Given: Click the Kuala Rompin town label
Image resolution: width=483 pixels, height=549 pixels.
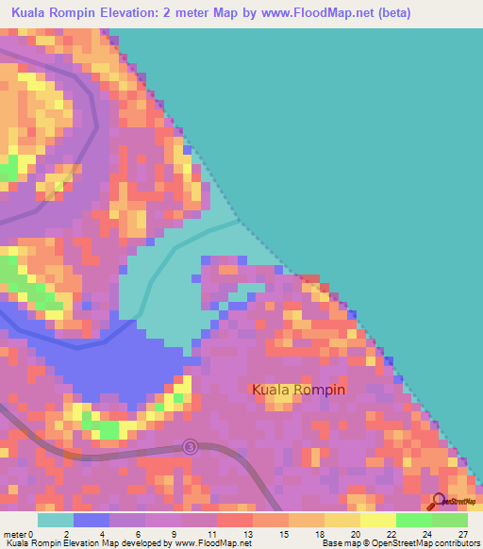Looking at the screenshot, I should click(298, 389).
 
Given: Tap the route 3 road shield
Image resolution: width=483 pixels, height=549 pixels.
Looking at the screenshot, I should click(191, 446).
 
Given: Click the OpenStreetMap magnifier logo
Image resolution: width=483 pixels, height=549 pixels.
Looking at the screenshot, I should click(439, 502).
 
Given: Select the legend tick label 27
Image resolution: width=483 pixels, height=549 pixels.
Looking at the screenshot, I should click(463, 534).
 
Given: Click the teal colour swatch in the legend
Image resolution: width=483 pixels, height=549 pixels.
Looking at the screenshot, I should click(55, 520).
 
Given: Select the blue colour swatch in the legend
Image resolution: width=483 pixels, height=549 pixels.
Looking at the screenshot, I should click(91, 520).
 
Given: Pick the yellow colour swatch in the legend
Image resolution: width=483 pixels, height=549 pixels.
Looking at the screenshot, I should click(377, 520).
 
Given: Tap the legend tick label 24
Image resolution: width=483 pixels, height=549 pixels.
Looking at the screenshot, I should click(427, 534).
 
